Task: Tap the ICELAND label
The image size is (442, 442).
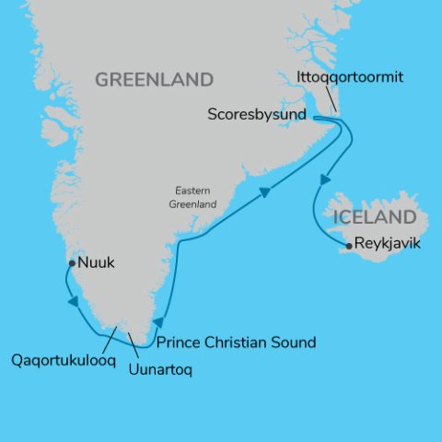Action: pos(376,218)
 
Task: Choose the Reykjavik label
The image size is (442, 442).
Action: pos(390,245)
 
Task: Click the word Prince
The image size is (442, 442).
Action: pos(180,343)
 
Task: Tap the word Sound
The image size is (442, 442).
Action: pos(295,343)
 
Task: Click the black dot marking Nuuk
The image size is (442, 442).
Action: pos(71,263)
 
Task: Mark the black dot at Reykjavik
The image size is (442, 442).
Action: pos(348,246)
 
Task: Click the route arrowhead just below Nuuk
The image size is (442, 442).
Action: pos(70,301)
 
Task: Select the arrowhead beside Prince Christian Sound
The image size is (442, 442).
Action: pos(157,322)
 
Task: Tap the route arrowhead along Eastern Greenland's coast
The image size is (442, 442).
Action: pos(264,193)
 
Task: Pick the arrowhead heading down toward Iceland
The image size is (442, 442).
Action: pos(323,180)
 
